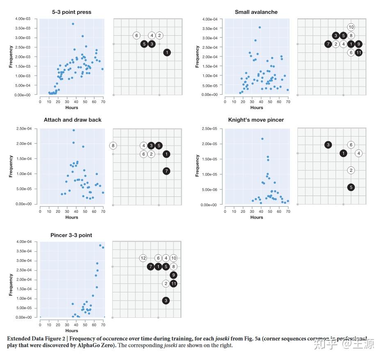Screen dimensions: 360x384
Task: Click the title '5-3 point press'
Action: [72, 12]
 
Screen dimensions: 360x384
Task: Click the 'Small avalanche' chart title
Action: [256, 12]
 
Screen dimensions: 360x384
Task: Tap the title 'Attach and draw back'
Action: [73, 120]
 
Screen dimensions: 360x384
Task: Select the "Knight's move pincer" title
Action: [256, 120]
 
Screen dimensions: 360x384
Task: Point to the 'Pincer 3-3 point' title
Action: [71, 235]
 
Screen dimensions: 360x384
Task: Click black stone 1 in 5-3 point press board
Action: [167, 52]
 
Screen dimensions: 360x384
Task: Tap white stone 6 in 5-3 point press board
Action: [137, 36]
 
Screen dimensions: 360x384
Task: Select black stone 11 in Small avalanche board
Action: [359, 52]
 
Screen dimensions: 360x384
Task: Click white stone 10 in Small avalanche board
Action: [351, 27]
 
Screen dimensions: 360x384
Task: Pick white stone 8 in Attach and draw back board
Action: [113, 146]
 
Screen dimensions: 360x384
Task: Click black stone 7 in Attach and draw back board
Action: [166, 171]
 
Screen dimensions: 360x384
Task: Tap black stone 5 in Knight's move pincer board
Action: [351, 187]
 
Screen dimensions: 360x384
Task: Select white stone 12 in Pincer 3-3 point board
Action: [143, 258]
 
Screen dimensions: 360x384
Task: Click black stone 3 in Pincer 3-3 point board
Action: [166, 301]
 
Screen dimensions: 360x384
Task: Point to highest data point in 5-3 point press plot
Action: [73, 24]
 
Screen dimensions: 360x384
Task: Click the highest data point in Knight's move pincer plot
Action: [262, 139]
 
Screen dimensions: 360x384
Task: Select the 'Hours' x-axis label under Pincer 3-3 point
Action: [71, 330]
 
